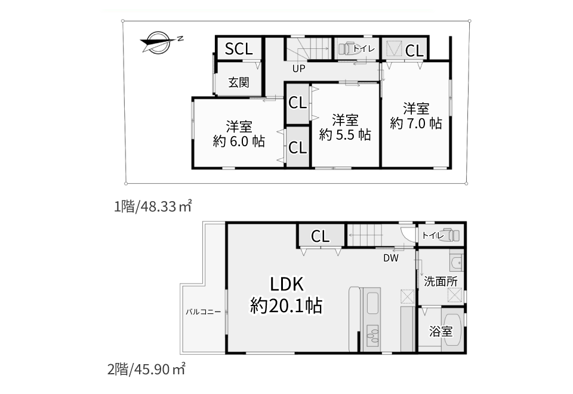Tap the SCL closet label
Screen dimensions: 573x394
(239, 48)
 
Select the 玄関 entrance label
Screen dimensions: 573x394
(239, 82)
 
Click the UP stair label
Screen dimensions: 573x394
(298, 68)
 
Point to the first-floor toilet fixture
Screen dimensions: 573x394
(346, 49)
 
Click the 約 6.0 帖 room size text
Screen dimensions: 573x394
(239, 141)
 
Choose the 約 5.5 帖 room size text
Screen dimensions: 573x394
(345, 134)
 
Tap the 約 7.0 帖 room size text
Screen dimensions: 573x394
(416, 123)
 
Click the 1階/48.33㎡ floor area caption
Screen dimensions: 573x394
(153, 207)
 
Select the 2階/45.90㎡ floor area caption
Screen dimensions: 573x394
(146, 370)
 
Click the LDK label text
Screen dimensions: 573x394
(286, 284)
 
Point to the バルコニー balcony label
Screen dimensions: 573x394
(203, 312)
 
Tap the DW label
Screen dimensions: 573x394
(390, 258)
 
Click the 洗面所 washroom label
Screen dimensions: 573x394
(440, 281)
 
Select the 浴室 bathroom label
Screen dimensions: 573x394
(440, 331)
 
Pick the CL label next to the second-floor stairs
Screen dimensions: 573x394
(320, 236)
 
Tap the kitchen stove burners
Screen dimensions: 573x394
(372, 335)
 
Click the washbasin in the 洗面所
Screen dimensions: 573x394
(457, 263)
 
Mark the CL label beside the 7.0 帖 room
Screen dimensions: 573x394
(414, 50)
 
